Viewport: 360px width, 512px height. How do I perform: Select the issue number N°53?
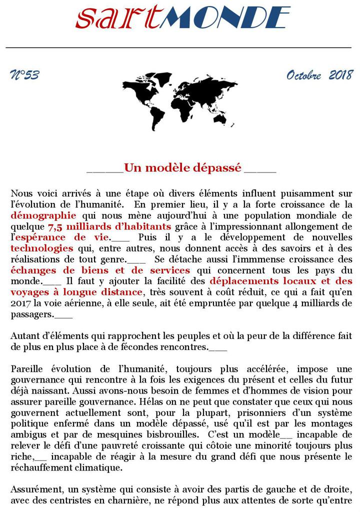click(24, 75)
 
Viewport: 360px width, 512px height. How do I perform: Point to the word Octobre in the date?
click(303, 75)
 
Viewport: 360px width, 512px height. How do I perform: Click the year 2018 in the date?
click(340, 75)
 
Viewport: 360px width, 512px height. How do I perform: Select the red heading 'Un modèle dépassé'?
click(183, 167)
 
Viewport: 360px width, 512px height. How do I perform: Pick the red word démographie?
click(43, 215)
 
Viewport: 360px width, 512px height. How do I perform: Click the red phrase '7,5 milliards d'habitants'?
click(109, 226)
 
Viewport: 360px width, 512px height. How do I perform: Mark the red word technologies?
click(42, 248)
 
